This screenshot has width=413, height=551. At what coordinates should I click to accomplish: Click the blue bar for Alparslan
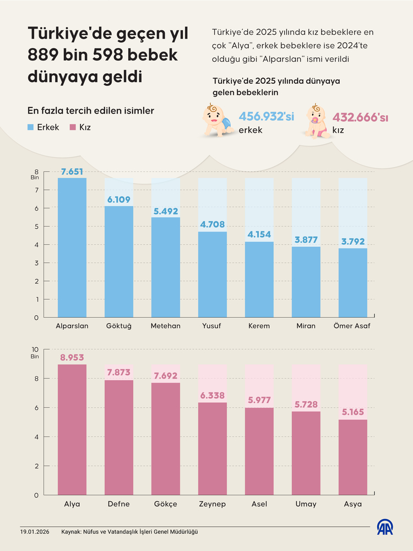click(x=72, y=247)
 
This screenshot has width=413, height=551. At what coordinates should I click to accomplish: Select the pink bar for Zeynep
click(x=213, y=449)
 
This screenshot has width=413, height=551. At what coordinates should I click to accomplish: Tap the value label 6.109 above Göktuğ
click(x=119, y=199)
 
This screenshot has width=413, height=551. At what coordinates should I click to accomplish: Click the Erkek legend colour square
click(x=32, y=127)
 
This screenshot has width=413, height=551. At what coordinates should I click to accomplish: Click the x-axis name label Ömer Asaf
click(x=352, y=326)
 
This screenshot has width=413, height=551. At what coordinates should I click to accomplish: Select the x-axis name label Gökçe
click(x=166, y=504)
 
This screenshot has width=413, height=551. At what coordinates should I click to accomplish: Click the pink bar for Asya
click(x=352, y=457)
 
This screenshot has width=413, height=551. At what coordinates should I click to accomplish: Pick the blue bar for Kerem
click(x=259, y=279)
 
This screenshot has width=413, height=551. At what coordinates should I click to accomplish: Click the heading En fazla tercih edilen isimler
click(x=91, y=111)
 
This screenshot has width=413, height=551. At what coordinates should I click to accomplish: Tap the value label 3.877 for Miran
click(x=306, y=240)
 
